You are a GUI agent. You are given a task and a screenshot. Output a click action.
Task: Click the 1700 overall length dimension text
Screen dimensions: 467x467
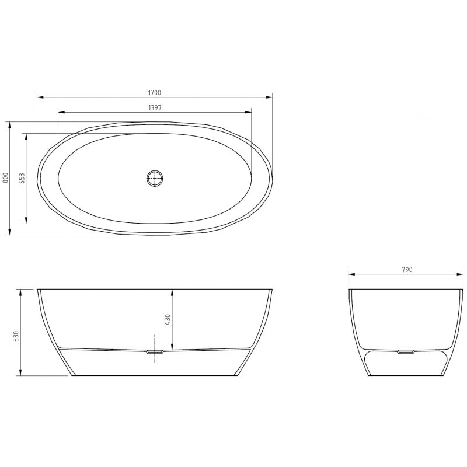[155, 92]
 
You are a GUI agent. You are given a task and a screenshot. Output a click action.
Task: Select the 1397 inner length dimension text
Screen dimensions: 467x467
[155, 107]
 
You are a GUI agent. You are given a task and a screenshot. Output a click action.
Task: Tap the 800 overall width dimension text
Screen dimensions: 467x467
[5, 178]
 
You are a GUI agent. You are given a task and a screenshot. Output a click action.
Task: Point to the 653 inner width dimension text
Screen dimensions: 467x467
[22, 178]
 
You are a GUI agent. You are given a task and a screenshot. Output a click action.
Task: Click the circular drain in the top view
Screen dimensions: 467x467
[155, 178]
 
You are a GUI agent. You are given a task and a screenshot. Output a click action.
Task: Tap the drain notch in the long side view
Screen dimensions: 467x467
[155, 352]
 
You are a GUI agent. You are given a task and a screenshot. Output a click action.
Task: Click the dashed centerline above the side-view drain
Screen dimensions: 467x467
[155, 341]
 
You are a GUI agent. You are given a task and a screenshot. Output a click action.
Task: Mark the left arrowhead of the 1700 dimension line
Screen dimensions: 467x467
[39, 97]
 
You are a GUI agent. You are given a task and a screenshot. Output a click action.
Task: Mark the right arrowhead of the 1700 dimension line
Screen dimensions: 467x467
[271, 97]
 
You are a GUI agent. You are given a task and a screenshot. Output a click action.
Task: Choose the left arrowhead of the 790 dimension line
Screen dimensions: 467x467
[350, 274]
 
